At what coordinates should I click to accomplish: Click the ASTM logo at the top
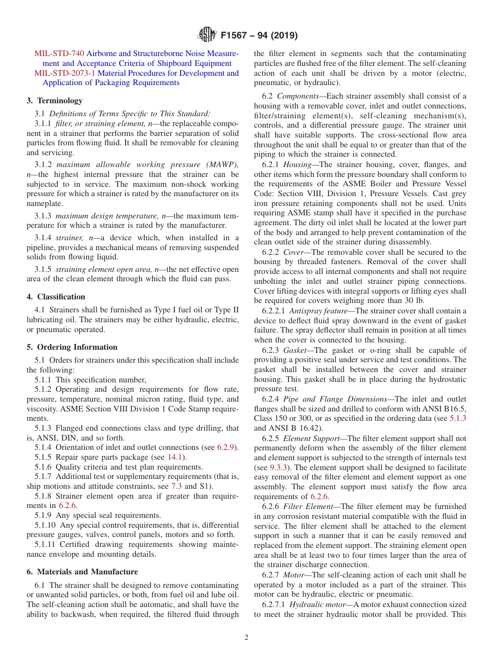tap(207, 35)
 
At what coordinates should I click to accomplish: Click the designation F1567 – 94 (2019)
tap(259, 36)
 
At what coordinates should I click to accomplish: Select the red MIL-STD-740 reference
tap(59, 53)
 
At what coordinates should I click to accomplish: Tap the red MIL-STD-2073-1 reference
tap(65, 73)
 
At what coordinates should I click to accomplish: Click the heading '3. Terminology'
tap(54, 101)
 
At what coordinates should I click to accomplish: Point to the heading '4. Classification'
tap(56, 297)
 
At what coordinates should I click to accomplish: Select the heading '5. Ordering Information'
tap(72, 347)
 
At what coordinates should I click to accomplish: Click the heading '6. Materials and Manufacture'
tap(82, 572)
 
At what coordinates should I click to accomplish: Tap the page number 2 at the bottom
tap(246, 638)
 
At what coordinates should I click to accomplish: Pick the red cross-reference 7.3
tap(177, 486)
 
